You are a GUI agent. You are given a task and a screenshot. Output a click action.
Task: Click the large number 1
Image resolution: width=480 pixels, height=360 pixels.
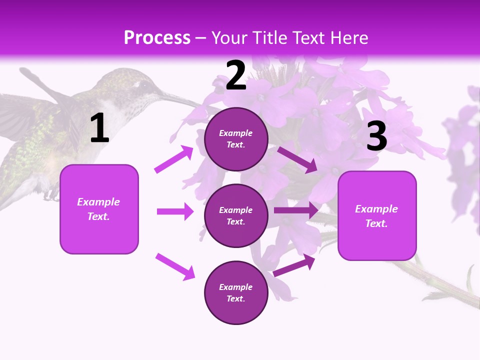(99, 129)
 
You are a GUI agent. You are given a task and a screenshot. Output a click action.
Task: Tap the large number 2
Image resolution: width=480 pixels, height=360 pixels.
(236, 76)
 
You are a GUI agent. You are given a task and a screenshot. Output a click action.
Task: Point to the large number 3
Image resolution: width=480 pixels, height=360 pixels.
(376, 137)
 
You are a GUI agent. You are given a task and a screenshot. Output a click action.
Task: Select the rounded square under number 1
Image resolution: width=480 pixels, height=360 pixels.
(99, 209)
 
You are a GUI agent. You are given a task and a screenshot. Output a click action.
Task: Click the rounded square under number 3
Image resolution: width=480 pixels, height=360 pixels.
(377, 215)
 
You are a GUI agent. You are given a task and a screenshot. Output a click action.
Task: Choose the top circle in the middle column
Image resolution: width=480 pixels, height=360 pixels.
(236, 139)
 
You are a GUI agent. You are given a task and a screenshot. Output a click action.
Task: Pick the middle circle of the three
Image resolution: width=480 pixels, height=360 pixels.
(236, 215)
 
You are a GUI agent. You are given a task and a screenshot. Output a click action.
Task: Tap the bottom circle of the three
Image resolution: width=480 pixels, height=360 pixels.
(236, 292)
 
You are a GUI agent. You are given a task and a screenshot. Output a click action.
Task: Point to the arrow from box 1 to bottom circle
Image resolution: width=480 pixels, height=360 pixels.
(175, 266)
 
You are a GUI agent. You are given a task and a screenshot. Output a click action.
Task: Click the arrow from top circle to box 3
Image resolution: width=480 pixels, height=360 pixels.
(297, 159)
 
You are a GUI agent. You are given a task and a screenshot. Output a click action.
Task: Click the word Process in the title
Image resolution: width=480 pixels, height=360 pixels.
(157, 37)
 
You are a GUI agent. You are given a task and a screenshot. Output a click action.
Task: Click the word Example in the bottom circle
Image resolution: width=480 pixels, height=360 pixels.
(236, 287)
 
